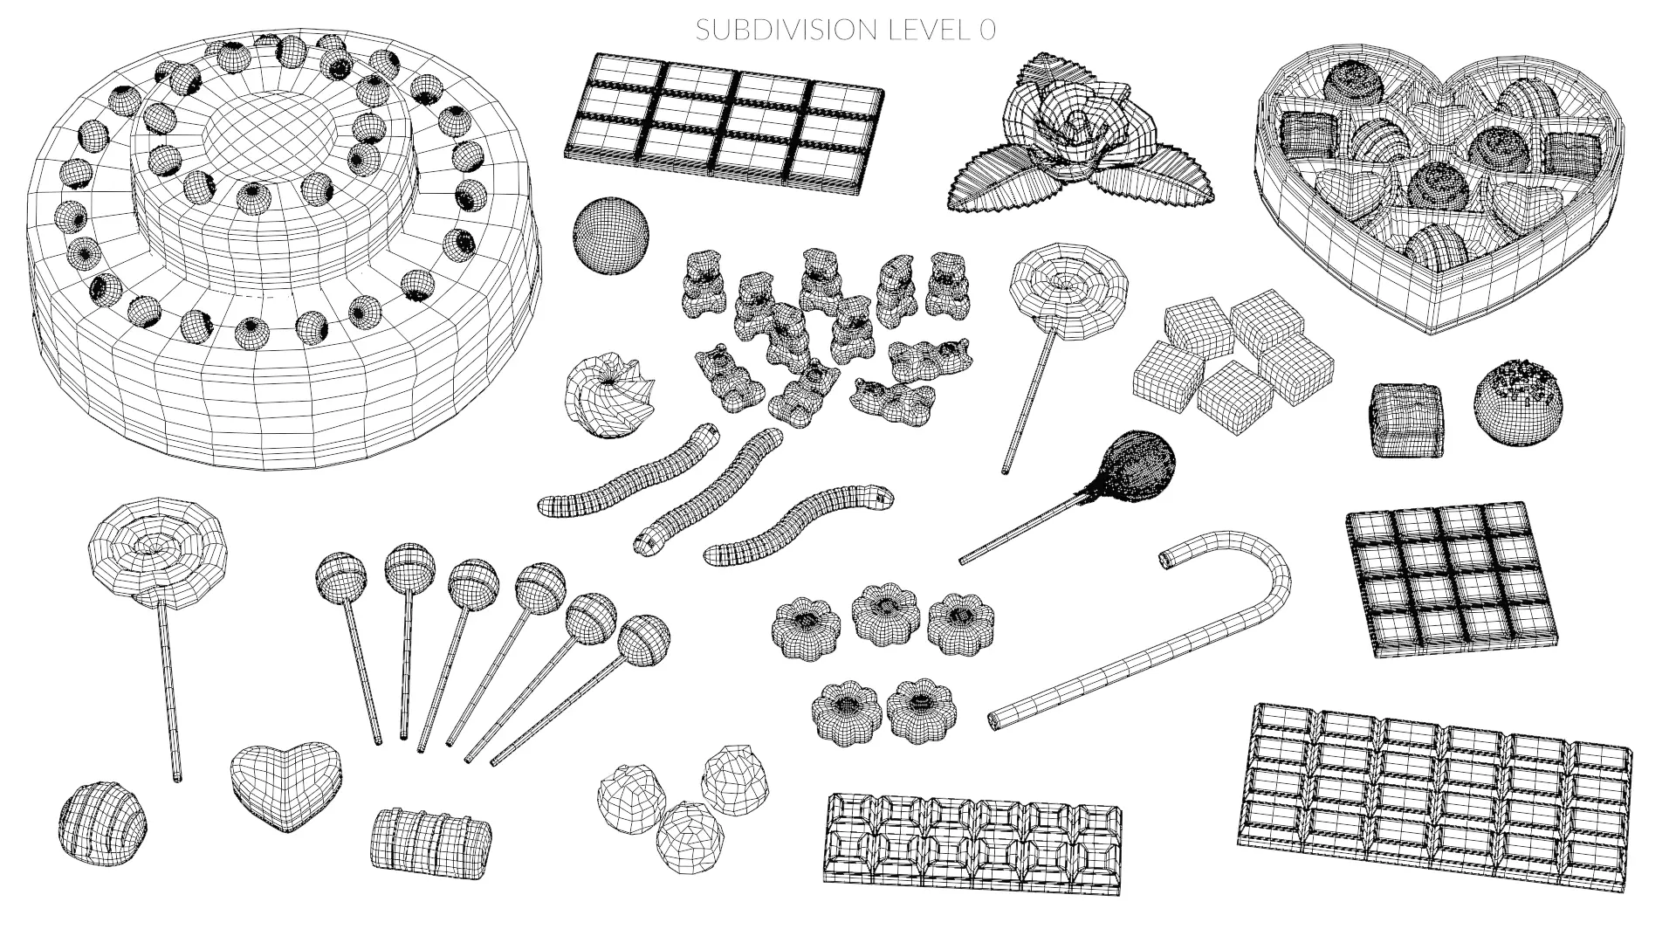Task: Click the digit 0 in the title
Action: click(986, 30)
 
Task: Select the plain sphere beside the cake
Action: click(611, 234)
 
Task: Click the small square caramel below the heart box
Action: click(1405, 419)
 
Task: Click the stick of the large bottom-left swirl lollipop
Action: click(168, 690)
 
